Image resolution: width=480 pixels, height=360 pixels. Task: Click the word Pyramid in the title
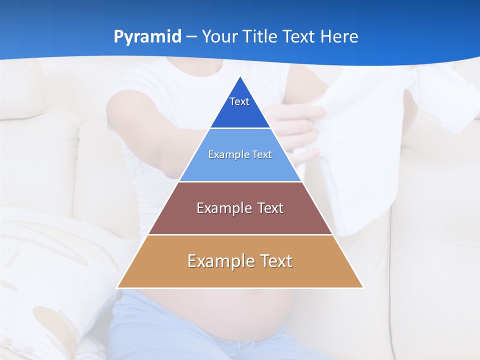147,37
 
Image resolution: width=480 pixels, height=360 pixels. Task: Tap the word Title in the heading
261,37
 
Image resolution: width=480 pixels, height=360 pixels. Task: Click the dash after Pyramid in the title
191,37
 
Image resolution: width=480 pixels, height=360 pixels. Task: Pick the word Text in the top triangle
239,101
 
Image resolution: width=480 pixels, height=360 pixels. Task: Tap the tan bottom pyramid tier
240,275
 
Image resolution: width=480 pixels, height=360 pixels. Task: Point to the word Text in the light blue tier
262,154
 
